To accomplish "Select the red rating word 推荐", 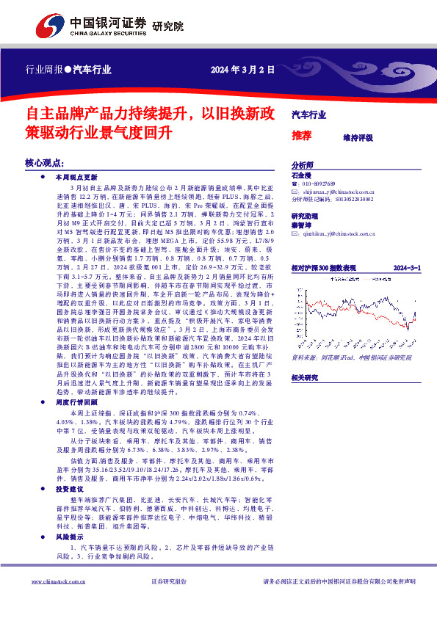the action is click(302, 136).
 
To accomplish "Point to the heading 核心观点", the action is click(46, 161).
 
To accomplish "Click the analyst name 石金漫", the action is click(302, 175).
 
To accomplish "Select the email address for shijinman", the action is click(339, 191).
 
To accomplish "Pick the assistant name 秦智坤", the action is click(302, 225).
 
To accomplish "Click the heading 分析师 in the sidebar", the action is click(303, 166).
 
